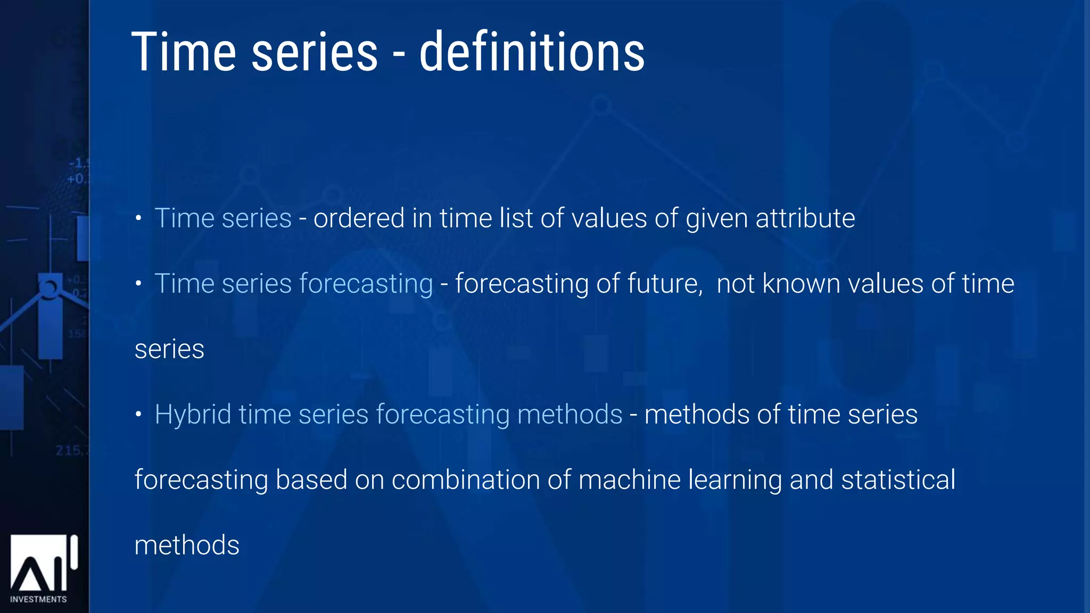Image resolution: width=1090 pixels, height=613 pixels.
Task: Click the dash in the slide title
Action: click(x=399, y=55)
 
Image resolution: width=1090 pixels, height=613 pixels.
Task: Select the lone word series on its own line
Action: click(x=169, y=350)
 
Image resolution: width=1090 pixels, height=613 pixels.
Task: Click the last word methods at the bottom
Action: click(x=187, y=545)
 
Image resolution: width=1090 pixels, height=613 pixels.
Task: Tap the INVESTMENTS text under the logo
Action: click(x=38, y=599)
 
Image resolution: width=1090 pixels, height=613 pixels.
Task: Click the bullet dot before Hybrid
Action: click(x=138, y=415)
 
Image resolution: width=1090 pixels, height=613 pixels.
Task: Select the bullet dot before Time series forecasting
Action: click(x=138, y=284)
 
